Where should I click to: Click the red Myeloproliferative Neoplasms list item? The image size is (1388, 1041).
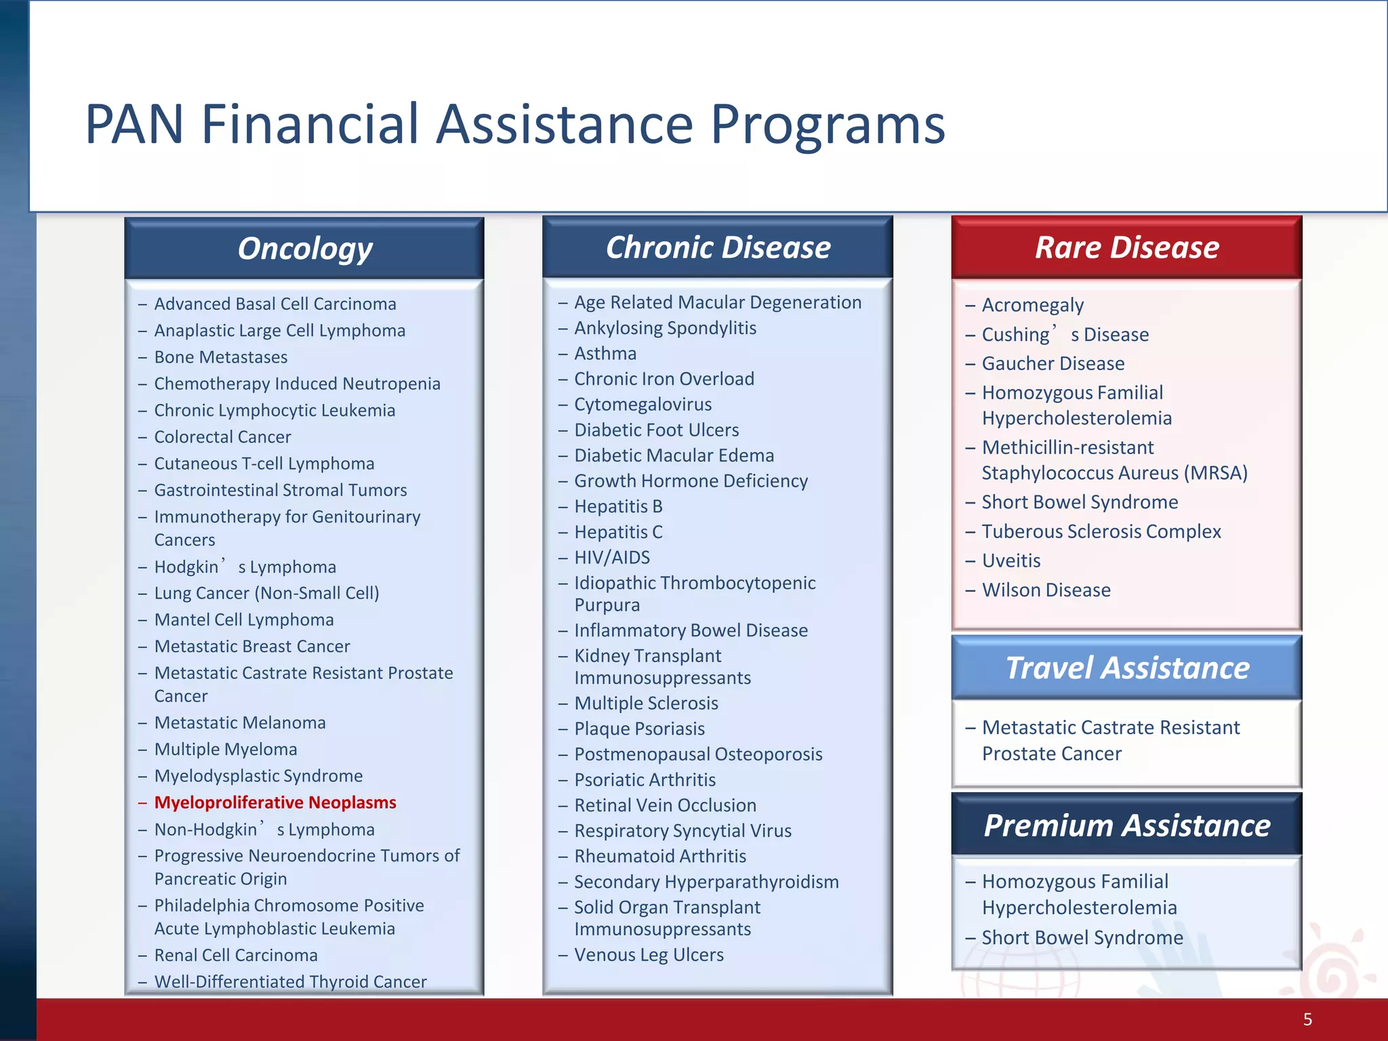[x=274, y=802]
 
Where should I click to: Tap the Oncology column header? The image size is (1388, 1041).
[x=304, y=249]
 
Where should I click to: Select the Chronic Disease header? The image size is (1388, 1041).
[x=718, y=247]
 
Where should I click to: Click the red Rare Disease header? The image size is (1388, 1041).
[x=1126, y=247]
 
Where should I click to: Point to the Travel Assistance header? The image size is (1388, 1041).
[x=1126, y=668]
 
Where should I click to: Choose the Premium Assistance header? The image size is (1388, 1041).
[x=1126, y=825]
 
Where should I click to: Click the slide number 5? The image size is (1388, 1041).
[x=1307, y=1019]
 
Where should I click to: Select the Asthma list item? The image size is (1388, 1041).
[x=605, y=354]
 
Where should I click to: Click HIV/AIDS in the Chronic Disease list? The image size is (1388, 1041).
[x=612, y=557]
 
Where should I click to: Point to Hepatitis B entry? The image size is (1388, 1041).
[x=618, y=506]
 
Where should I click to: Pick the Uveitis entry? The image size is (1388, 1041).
[x=1011, y=560]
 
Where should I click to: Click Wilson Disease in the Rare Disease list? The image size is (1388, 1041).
[x=1046, y=590]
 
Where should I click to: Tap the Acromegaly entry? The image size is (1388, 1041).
[x=1032, y=305]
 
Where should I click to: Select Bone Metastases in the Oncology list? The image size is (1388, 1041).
[x=220, y=357]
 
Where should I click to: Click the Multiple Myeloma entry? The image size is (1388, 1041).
[x=226, y=749]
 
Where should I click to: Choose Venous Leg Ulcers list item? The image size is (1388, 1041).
[x=649, y=955]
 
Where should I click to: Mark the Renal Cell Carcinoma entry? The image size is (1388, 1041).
[x=235, y=955]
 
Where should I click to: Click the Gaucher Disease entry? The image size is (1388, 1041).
[x=1053, y=363]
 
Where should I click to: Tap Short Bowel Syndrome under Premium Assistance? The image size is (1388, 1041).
[x=1082, y=937]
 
